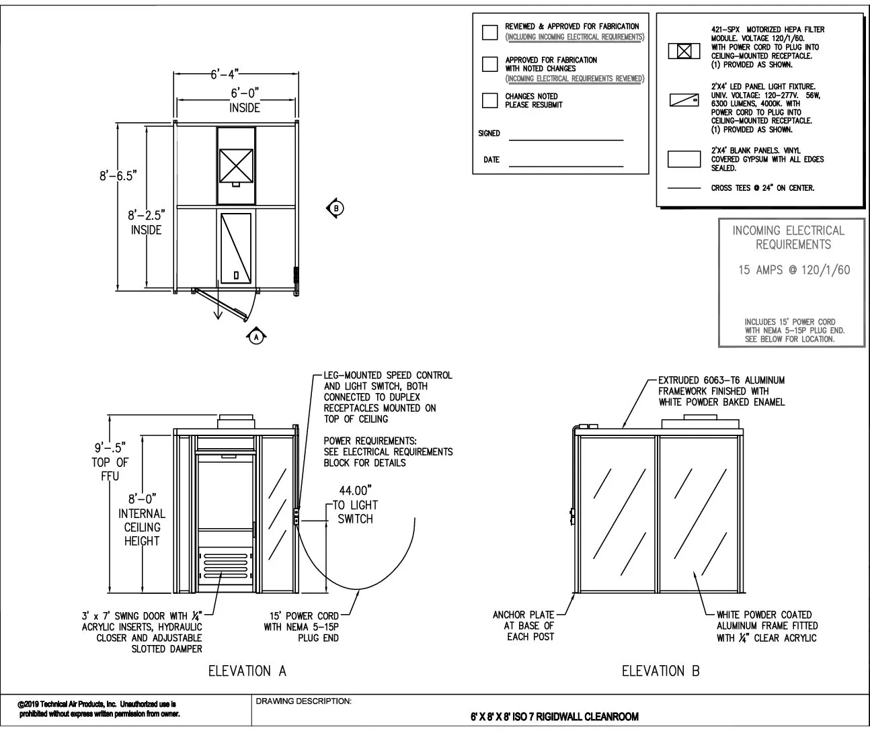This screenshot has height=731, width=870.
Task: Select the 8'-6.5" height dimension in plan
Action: pos(118,176)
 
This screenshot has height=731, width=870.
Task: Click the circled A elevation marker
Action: pos(255,338)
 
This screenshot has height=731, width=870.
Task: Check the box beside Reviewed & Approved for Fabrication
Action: pos(490,32)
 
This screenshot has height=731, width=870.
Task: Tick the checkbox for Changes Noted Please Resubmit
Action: pos(490,101)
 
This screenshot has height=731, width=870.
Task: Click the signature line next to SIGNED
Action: pos(565,140)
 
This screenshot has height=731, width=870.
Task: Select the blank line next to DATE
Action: pos(565,165)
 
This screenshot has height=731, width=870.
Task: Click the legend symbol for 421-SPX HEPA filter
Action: pos(684,51)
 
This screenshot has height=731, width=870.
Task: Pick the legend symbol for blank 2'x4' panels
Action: pos(684,159)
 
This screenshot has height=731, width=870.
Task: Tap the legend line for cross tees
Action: pos(684,189)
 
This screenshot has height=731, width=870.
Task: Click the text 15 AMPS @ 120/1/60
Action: pos(793,270)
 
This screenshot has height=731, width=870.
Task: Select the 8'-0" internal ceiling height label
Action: pos(142,499)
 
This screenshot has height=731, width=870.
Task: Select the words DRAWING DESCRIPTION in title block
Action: pos(303,701)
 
